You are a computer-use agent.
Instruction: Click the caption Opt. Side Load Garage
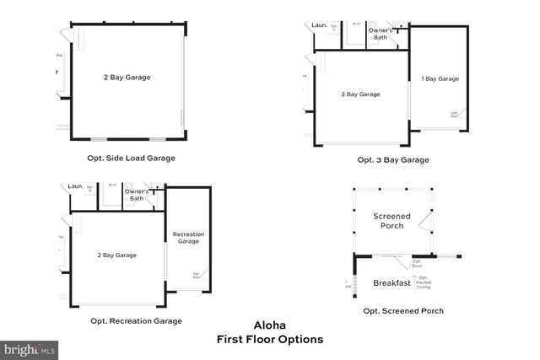pyautogui.click(x=131, y=158)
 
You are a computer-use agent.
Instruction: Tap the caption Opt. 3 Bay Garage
pyautogui.click(x=392, y=159)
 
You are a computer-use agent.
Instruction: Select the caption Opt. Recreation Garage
pyautogui.click(x=136, y=320)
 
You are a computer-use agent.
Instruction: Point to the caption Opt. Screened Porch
pyautogui.click(x=403, y=310)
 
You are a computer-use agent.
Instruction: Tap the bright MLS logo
pyautogui.click(x=30, y=347)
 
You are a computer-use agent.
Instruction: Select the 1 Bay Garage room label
pyautogui.click(x=440, y=78)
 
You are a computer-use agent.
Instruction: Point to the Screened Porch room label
pyautogui.click(x=391, y=221)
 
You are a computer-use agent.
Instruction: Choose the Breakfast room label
pyautogui.click(x=391, y=283)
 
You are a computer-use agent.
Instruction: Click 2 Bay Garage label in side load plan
pyautogui.click(x=127, y=77)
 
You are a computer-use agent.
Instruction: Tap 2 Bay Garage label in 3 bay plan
pyautogui.click(x=360, y=94)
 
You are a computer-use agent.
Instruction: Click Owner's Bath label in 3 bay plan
pyautogui.click(x=381, y=34)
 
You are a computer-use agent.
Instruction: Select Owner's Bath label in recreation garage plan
pyautogui.click(x=137, y=195)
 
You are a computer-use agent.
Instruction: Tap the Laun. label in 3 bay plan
pyautogui.click(x=320, y=25)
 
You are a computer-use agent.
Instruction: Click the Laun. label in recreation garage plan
pyautogui.click(x=75, y=186)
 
